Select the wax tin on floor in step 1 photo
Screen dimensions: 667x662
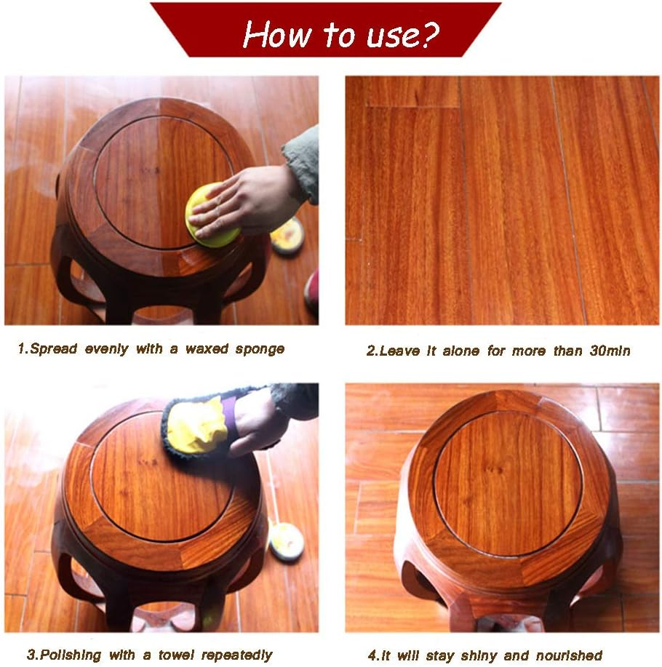coord(287,235)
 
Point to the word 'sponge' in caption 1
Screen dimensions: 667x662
coord(260,349)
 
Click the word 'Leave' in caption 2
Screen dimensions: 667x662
coord(402,351)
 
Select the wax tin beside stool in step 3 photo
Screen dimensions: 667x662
coord(286,542)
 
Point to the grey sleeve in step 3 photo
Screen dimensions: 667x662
coord(294,399)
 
